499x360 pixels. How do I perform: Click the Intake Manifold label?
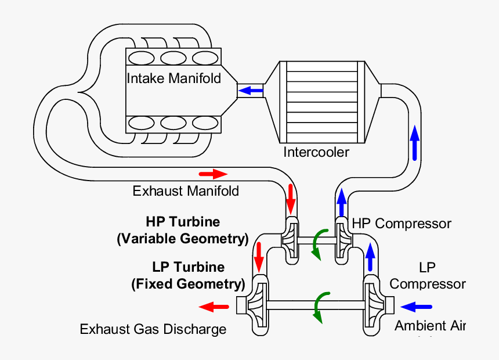coord(174,78)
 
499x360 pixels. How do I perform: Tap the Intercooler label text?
coord(316,153)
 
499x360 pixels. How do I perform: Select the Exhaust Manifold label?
coord(186,191)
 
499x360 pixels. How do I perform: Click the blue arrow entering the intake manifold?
coord(251,91)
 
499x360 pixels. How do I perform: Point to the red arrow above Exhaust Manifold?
coord(213,174)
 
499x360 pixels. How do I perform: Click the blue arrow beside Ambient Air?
coord(417,305)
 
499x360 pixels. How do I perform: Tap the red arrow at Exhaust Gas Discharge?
coord(213,306)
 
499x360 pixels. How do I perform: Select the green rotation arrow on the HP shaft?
coord(318,243)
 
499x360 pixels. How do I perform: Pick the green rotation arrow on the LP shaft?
coord(318,307)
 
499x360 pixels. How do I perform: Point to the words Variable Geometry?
coord(183,239)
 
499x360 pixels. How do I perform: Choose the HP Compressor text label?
coord(402,224)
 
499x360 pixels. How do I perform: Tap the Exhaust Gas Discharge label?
coord(153,330)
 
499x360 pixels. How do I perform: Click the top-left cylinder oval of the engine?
coord(139,58)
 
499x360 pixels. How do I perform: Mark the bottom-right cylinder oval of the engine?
coord(204,123)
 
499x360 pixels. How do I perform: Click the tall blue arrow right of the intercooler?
coord(414,142)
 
